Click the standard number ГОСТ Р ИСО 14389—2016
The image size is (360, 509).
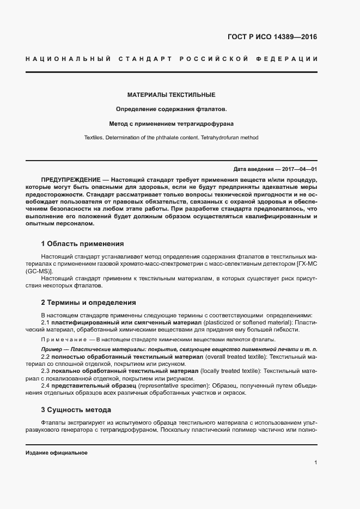pyautogui.click(x=272, y=38)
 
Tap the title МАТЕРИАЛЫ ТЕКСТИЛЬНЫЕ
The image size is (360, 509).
pyautogui.click(x=171, y=95)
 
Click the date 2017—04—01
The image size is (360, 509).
pyautogui.click(x=298, y=169)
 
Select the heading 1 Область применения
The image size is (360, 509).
pyautogui.click(x=82, y=244)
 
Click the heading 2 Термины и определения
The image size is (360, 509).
pyautogui.click(x=88, y=303)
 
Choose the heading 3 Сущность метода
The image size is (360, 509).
pyautogui.click(x=76, y=410)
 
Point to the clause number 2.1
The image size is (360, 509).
pyautogui.click(x=45, y=322)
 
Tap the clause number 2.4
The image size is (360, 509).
pyautogui.click(x=45, y=386)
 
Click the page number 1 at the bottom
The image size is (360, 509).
pyautogui.click(x=315, y=463)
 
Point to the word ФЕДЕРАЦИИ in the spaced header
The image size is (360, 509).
pyautogui.click(x=291, y=58)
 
